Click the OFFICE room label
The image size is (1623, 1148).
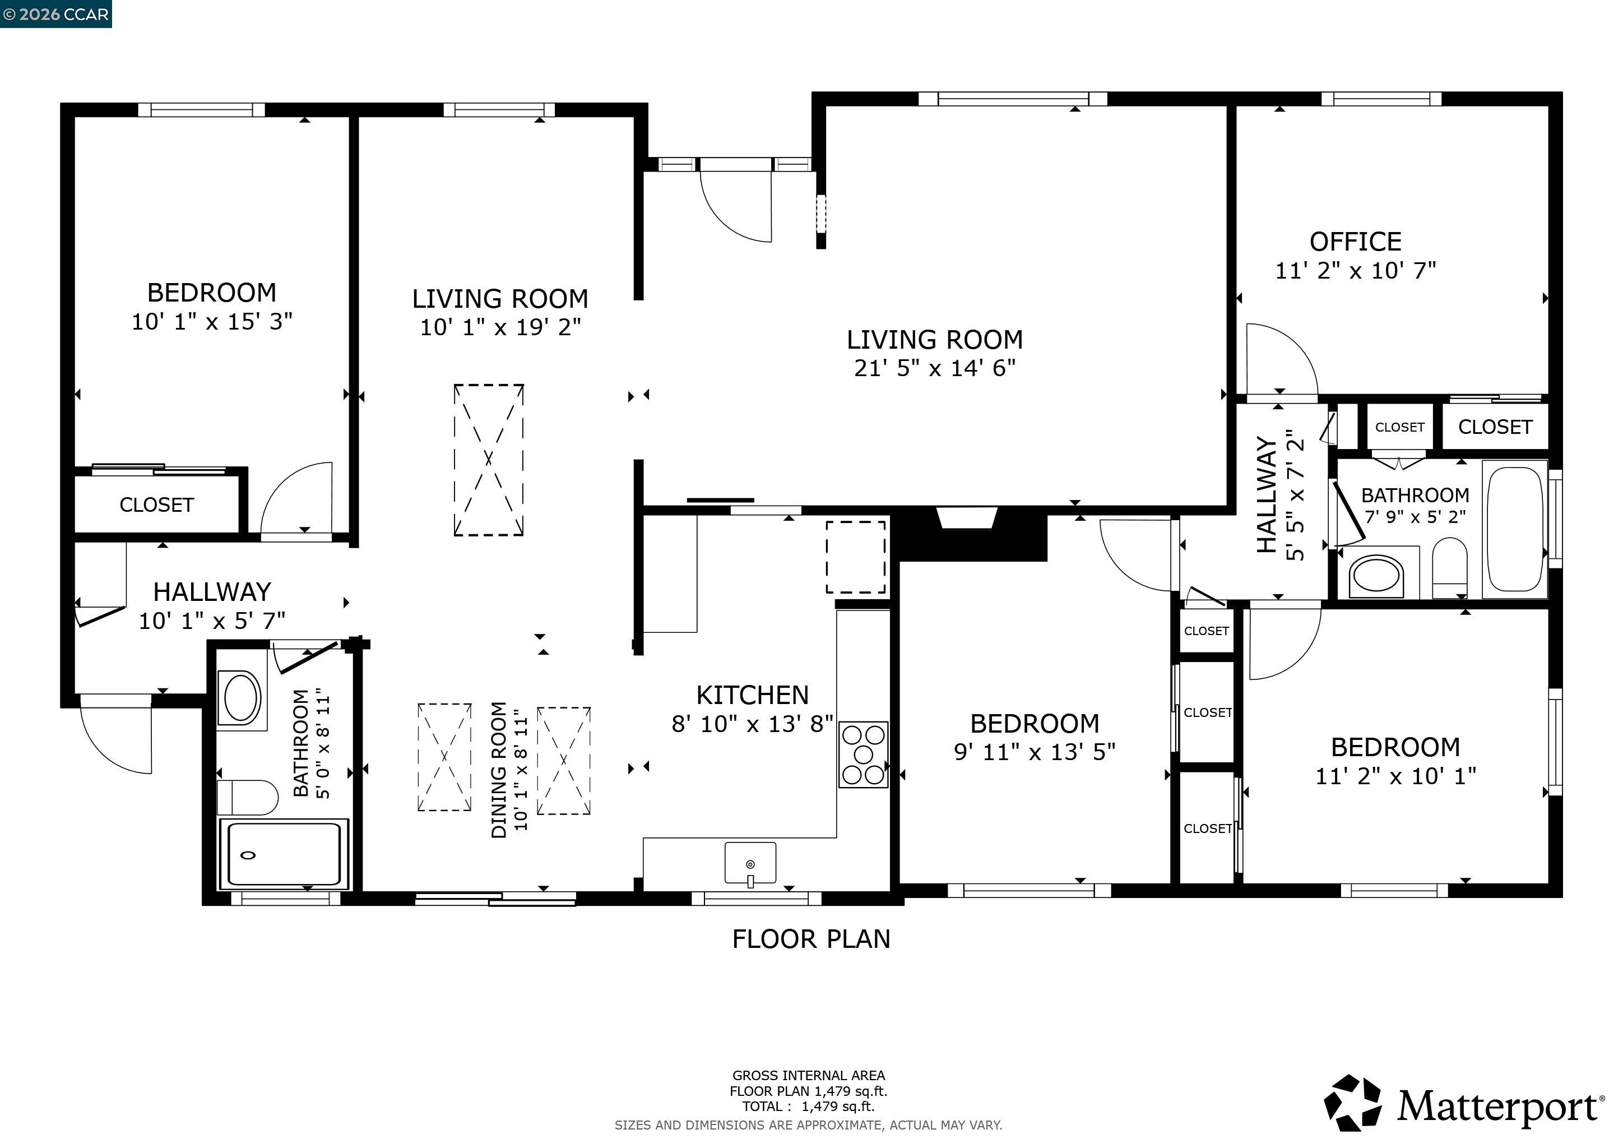[x=1355, y=242]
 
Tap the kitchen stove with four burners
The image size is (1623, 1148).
[x=863, y=754]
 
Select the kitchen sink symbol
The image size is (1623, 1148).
[x=750, y=863]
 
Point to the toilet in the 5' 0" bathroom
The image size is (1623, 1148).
[x=247, y=798]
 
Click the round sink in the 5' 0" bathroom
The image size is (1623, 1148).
[x=241, y=697]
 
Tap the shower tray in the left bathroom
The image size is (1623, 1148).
[x=284, y=854]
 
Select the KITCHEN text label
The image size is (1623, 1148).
[x=752, y=695]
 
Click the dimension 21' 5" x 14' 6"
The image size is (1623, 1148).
[x=934, y=368]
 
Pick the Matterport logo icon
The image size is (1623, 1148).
[x=1352, y=1104]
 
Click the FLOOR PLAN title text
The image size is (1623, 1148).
[x=811, y=939]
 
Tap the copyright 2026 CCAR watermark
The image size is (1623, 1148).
[x=56, y=14]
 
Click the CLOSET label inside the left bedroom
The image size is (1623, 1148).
[x=156, y=504]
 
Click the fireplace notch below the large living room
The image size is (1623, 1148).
[x=966, y=518]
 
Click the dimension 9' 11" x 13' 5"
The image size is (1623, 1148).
[x=1034, y=752]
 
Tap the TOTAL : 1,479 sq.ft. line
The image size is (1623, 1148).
[x=808, y=1107]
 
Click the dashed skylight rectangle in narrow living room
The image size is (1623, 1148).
[x=489, y=460]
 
